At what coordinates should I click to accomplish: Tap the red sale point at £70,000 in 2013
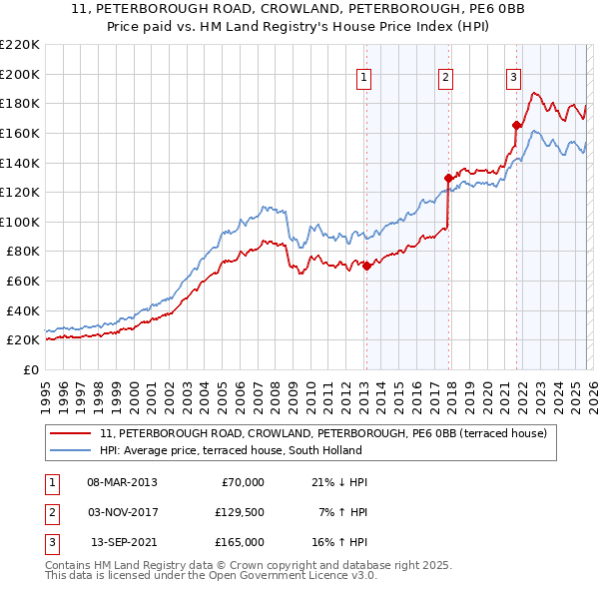coord(366,266)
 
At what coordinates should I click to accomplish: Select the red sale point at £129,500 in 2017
coord(448,178)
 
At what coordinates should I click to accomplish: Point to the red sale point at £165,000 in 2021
coord(517,125)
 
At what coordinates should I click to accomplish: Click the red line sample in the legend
coord(72,434)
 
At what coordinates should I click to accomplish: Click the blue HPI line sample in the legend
coord(72,451)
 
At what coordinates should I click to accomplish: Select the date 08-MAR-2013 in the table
coord(122,482)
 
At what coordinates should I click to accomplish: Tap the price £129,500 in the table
coord(240,512)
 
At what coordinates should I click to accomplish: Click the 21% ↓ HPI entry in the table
coord(339,482)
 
